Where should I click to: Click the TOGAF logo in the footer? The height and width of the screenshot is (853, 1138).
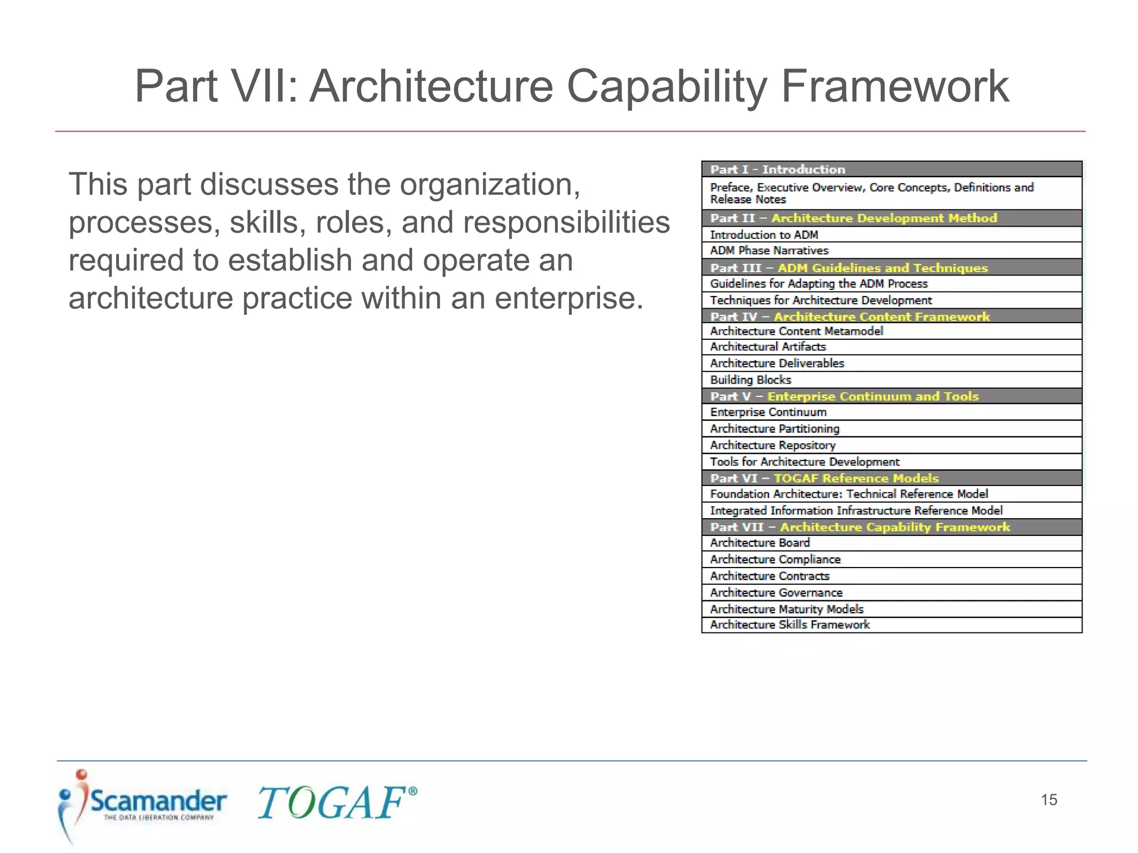pyautogui.click(x=336, y=803)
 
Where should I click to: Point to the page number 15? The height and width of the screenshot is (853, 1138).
pyautogui.click(x=1049, y=800)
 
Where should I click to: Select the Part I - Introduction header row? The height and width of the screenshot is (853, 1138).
pyautogui.click(x=891, y=169)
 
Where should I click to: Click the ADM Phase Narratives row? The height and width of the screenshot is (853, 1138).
pyautogui.click(x=891, y=250)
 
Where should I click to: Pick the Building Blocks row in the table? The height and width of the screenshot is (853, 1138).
pyautogui.click(x=891, y=380)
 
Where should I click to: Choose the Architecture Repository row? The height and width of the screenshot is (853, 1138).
pyautogui.click(x=891, y=445)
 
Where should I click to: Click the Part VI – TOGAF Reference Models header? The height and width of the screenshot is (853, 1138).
pyautogui.click(x=891, y=478)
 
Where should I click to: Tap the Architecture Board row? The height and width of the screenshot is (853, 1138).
pyautogui.click(x=891, y=543)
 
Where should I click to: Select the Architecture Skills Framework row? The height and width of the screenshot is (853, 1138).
pyautogui.click(x=891, y=625)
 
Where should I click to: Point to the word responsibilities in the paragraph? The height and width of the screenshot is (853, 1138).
pyautogui.click(x=566, y=223)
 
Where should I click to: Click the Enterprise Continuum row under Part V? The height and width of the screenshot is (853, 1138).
pyautogui.click(x=891, y=412)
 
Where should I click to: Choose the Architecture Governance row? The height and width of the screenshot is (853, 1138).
pyautogui.click(x=891, y=593)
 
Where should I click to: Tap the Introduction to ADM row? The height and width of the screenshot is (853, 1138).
pyautogui.click(x=891, y=235)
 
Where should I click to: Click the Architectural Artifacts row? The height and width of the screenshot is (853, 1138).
pyautogui.click(x=891, y=347)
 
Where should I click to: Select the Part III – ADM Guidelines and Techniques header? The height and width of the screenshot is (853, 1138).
pyautogui.click(x=891, y=268)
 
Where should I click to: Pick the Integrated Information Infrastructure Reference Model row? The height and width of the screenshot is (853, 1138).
pyautogui.click(x=891, y=510)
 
